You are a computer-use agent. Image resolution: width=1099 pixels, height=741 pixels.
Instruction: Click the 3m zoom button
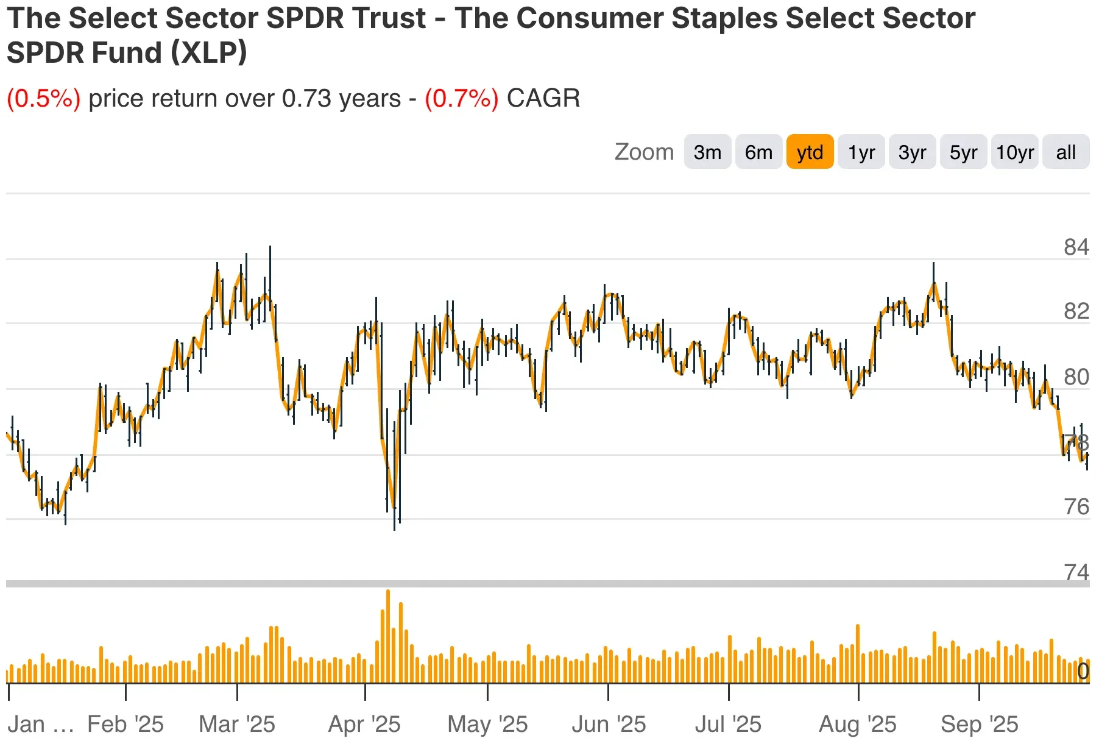(707, 152)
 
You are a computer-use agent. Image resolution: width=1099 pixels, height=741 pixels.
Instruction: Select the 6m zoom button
(758, 152)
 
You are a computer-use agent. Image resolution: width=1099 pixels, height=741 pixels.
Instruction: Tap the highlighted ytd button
(810, 152)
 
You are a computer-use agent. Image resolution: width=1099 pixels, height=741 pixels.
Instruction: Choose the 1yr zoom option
(861, 152)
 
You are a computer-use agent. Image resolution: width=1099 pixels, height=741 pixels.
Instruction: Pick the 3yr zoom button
(912, 152)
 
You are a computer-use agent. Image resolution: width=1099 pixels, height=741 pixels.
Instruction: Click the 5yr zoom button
(963, 152)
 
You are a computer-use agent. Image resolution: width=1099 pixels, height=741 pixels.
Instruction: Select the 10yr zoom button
(1015, 152)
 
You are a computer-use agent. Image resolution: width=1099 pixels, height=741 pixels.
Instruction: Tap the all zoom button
(1065, 152)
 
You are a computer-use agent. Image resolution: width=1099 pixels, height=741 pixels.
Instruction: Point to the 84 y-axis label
(1076, 247)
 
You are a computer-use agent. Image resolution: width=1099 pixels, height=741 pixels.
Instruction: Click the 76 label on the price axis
(1076, 506)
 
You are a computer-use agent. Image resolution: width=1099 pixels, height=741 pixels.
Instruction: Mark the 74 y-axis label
(1076, 572)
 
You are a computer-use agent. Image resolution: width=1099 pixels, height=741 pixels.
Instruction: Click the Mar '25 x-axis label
(237, 724)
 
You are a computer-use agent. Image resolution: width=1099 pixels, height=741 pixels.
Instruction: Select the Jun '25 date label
(609, 724)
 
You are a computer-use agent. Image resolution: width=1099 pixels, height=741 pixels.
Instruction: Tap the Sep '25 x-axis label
(979, 724)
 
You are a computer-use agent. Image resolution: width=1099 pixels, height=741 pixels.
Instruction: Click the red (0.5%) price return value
(43, 98)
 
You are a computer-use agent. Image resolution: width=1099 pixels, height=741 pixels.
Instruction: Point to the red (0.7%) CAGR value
(461, 98)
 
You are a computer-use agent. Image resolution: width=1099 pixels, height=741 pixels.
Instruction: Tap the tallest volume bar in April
(388, 636)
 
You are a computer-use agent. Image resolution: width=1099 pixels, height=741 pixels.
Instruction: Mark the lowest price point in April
(394, 528)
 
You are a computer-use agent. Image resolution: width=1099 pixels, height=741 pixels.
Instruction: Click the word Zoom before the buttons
(644, 152)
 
